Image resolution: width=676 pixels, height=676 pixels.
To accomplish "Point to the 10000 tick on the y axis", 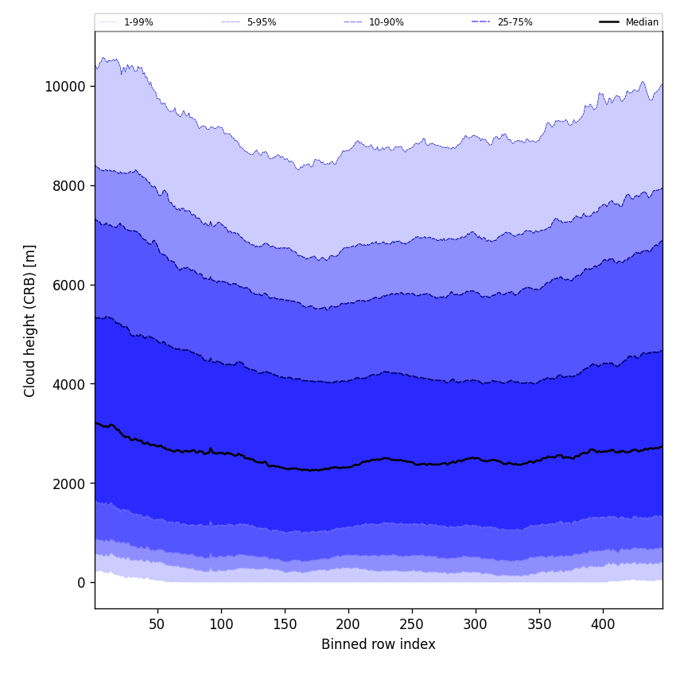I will pyautogui.click(x=66, y=86).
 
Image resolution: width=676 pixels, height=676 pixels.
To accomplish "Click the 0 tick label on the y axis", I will pyautogui.click(x=81, y=583).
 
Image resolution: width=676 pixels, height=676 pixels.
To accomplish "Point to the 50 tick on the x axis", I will pyautogui.click(x=157, y=624).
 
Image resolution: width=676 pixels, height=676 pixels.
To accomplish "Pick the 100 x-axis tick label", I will pyautogui.click(x=221, y=624).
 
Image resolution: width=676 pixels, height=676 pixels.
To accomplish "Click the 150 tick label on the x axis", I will pyautogui.click(x=285, y=624).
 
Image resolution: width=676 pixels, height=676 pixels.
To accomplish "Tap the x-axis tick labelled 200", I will pyautogui.click(x=348, y=624).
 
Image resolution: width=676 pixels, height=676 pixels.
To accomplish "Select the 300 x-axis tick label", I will pyautogui.click(x=476, y=624).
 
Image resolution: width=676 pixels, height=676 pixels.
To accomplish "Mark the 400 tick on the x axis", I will pyautogui.click(x=603, y=624).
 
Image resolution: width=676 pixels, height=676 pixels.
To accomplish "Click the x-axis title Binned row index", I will pyautogui.click(x=379, y=644).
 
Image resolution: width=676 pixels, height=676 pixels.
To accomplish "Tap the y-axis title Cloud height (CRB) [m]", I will pyautogui.click(x=30, y=321).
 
